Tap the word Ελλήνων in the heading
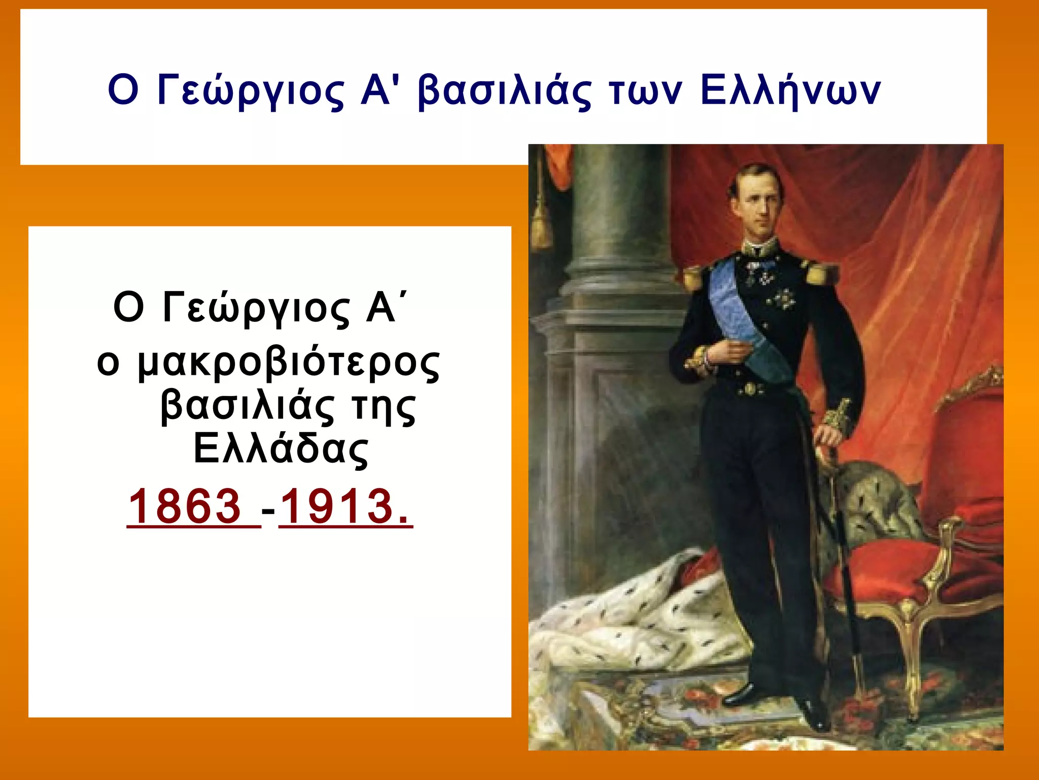tap(790, 91)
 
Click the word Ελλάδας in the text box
tap(281, 449)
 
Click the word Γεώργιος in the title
tap(251, 91)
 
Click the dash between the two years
tap(269, 509)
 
